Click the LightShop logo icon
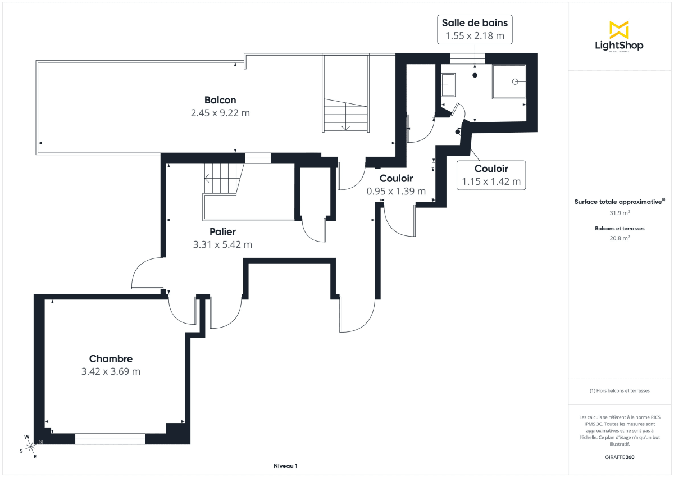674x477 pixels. [619, 30]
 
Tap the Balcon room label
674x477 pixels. [220, 100]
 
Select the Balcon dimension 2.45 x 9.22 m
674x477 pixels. [220, 113]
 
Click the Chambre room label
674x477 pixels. [111, 358]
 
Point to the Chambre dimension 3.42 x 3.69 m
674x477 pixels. [111, 371]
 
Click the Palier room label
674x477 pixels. [222, 231]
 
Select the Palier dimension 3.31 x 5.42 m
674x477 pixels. [222, 244]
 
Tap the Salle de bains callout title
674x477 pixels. [475, 23]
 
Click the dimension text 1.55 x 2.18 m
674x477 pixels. [475, 36]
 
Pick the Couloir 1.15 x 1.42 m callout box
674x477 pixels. [491, 175]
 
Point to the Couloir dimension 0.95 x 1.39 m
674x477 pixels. [396, 191]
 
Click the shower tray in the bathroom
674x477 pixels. [509, 81]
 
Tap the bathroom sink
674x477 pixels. [448, 86]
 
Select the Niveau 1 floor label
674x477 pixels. [285, 466]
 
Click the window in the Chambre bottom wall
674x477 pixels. [110, 439]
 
